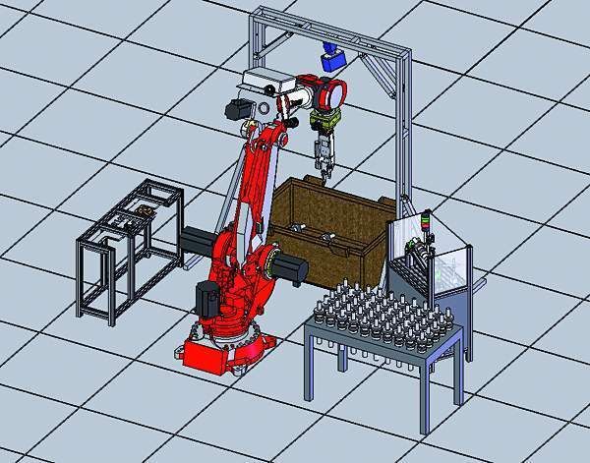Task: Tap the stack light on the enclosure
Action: pos(423,223)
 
